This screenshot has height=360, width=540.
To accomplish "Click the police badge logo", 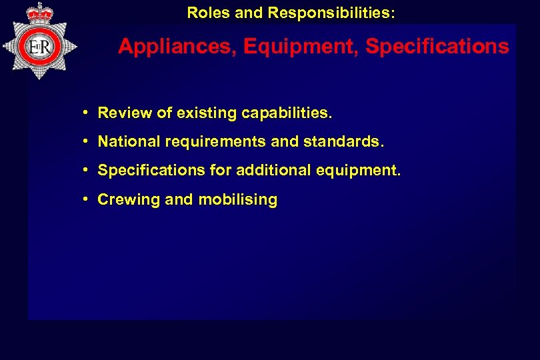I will coord(40,45).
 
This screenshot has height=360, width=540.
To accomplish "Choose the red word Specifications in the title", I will coord(437,47).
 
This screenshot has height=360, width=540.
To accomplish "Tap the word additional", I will coord(269,171).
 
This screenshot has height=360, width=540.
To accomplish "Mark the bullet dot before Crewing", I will coord(87,199).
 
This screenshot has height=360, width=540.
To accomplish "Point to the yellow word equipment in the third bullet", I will coord(360,171).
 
